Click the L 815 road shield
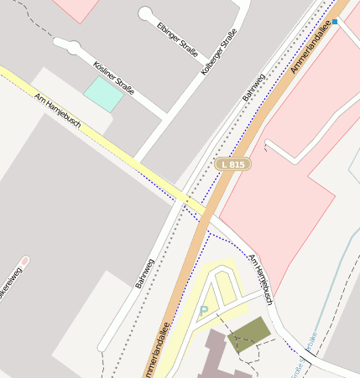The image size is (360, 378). pos(232,164)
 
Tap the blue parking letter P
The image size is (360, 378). pos(203,312)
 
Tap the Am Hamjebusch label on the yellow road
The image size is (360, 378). pos(58,109)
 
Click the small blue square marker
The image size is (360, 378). pos(335,21)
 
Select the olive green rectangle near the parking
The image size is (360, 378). pos(249,334)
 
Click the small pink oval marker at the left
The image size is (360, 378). pos(24,261)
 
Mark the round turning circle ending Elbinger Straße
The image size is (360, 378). pos(146,13)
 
